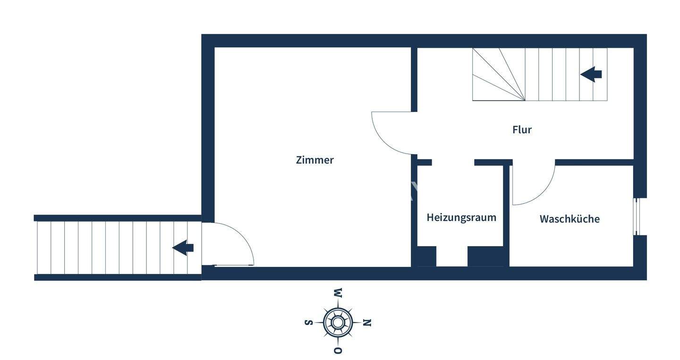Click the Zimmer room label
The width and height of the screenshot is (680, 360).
pyautogui.click(x=314, y=160)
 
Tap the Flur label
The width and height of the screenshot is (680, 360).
pyautogui.click(x=522, y=129)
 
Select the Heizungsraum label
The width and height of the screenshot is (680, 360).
pyautogui.click(x=461, y=218)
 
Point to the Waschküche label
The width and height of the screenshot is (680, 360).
pyautogui.click(x=569, y=219)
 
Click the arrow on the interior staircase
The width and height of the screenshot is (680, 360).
pyautogui.click(x=591, y=74)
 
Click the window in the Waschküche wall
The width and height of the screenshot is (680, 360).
pyautogui.click(x=636, y=216)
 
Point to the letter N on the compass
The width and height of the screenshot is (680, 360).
pyautogui.click(x=367, y=323)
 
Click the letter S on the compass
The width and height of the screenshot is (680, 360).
pyautogui.click(x=308, y=323)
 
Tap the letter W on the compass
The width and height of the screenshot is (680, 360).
pyautogui.click(x=338, y=293)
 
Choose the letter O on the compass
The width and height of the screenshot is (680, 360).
pyautogui.click(x=338, y=350)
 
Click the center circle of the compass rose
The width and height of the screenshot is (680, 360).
pyautogui.click(x=338, y=323)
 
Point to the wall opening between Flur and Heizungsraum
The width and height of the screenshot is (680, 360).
pyautogui.click(x=453, y=162)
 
